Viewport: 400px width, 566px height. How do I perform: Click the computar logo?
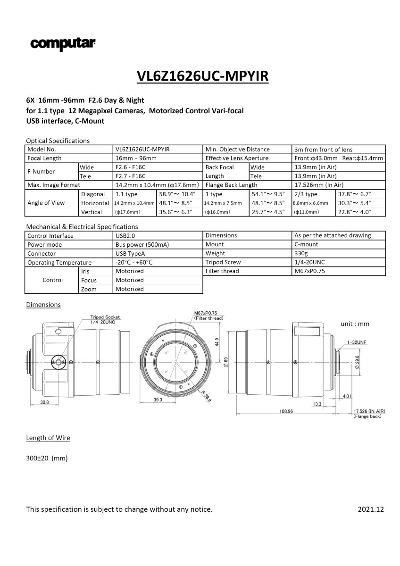coord(63,44)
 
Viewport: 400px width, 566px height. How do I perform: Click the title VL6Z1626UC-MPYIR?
coord(202,76)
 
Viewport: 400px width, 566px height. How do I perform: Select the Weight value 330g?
coord(300,253)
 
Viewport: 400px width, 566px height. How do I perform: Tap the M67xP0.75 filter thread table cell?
coord(309,271)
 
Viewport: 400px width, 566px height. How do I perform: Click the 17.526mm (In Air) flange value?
coord(319,185)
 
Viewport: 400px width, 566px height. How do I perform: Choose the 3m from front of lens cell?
coord(323,150)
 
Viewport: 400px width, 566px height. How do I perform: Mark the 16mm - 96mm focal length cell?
coord(136,158)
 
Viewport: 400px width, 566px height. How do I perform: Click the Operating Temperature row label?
coord(59,262)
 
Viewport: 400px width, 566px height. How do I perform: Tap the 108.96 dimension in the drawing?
coord(286,411)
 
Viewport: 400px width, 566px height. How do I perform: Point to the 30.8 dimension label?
coord(44,402)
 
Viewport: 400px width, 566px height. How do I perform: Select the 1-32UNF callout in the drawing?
coord(357,341)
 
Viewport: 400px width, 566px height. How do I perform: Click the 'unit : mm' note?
coord(355,324)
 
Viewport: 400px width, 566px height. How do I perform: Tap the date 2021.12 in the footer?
coord(371,509)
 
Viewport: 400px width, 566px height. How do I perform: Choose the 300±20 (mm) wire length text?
coord(47,458)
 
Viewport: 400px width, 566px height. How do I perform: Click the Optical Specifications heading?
coord(58,141)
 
